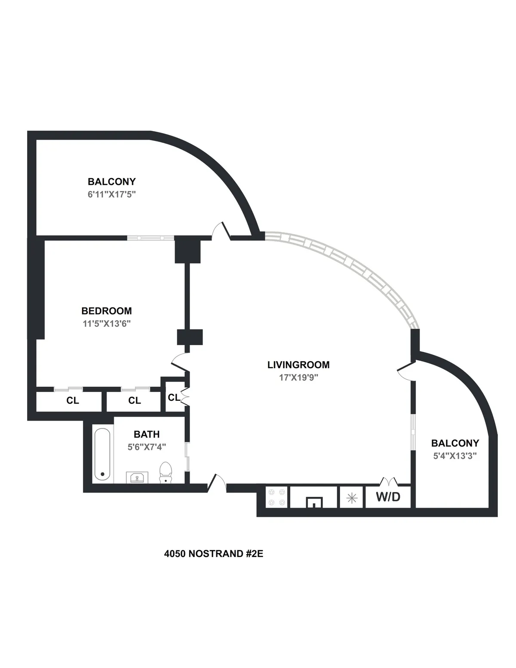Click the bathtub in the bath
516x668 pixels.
tap(102, 455)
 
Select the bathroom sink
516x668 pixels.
tap(137, 477)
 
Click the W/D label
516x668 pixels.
tap(388, 497)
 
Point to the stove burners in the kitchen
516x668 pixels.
tap(276, 497)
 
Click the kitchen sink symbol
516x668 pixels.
tap(314, 502)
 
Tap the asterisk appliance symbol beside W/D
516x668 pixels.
tap(352, 498)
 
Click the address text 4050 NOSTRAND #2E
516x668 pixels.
tap(213, 554)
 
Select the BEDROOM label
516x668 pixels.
tap(107, 311)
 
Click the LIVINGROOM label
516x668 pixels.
tap(298, 365)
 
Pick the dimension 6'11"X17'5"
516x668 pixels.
tap(111, 194)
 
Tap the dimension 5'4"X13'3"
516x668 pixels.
tap(455, 456)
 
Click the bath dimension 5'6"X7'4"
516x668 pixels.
tap(147, 447)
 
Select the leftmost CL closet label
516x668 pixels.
tap(73, 400)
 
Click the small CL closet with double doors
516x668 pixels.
tap(174, 397)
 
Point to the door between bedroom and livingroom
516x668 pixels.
tap(180, 364)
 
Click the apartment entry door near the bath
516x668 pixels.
tap(218, 483)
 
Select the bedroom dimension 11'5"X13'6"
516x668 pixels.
tap(107, 323)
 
